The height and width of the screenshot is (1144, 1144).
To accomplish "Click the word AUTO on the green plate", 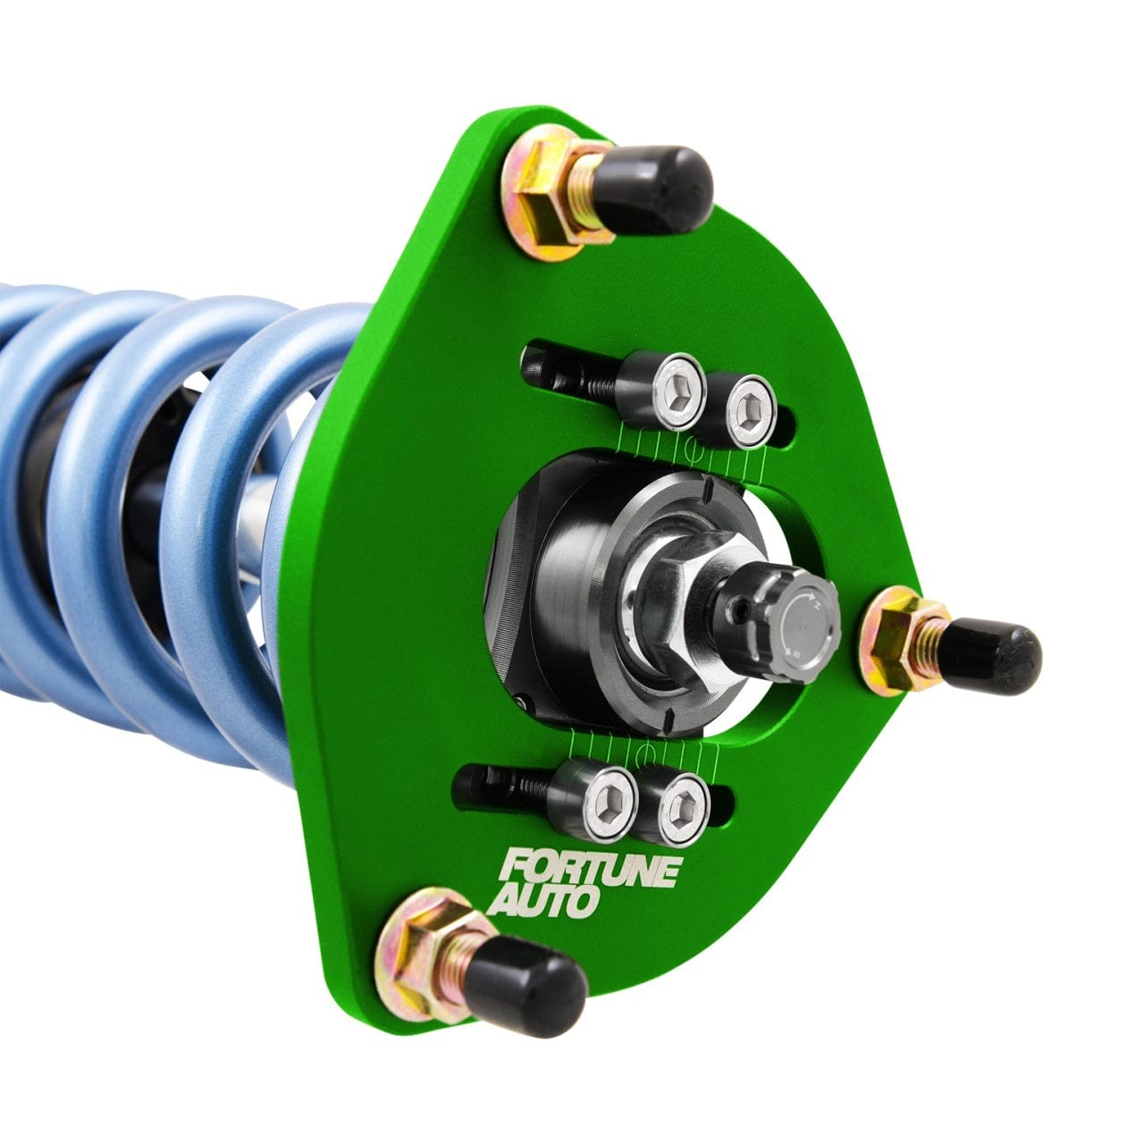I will click(x=542, y=901).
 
